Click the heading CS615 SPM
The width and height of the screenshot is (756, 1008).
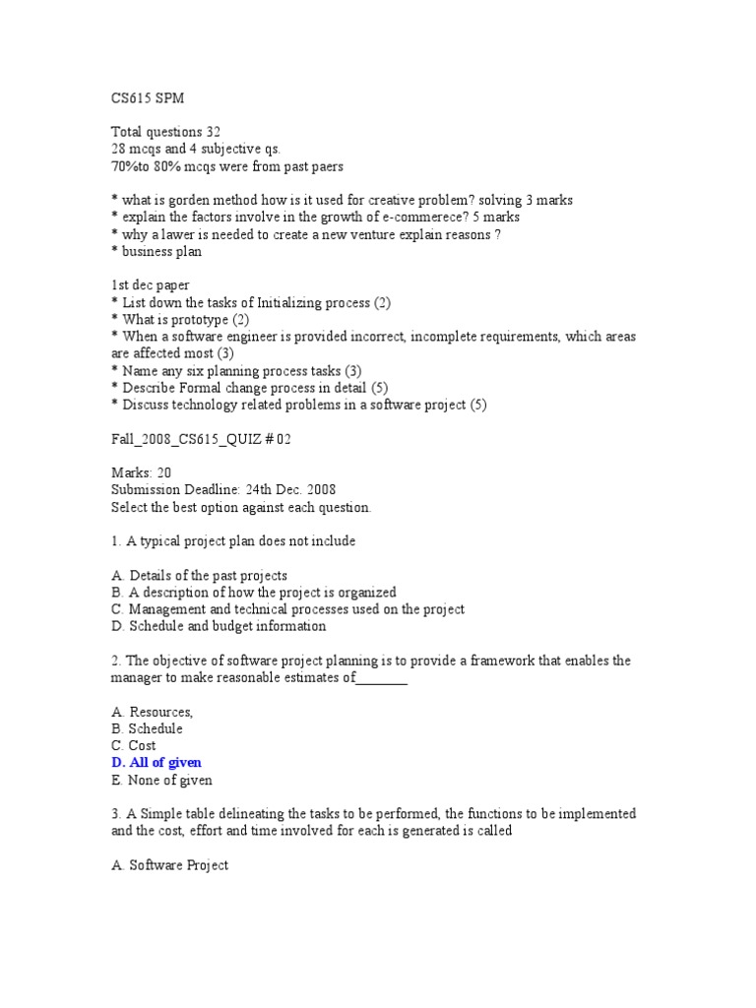(x=149, y=97)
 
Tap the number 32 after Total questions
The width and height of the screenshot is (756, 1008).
(x=213, y=132)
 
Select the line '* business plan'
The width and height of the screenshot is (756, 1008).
(x=157, y=251)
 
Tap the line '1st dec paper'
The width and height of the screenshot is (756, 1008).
(x=151, y=285)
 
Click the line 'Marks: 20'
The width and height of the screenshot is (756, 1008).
(x=142, y=472)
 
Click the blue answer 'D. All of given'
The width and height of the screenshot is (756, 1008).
(x=157, y=763)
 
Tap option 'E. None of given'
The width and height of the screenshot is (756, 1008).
(x=162, y=780)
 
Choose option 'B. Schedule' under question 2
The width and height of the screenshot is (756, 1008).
(x=148, y=728)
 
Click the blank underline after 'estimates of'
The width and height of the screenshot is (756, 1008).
(x=381, y=678)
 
